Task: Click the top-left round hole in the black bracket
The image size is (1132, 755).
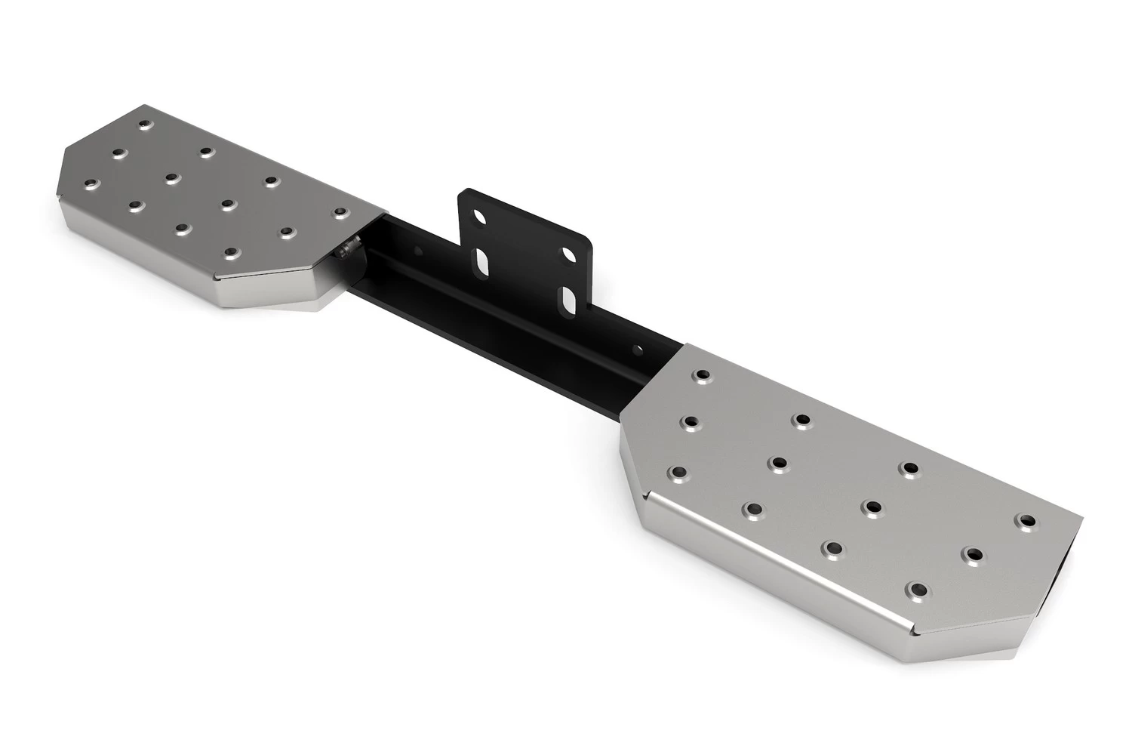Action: (x=478, y=218)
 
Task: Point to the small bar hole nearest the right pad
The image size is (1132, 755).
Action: (x=640, y=350)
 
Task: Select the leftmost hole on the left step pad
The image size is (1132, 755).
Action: (x=92, y=183)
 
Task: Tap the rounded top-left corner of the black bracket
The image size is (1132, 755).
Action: (x=464, y=194)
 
